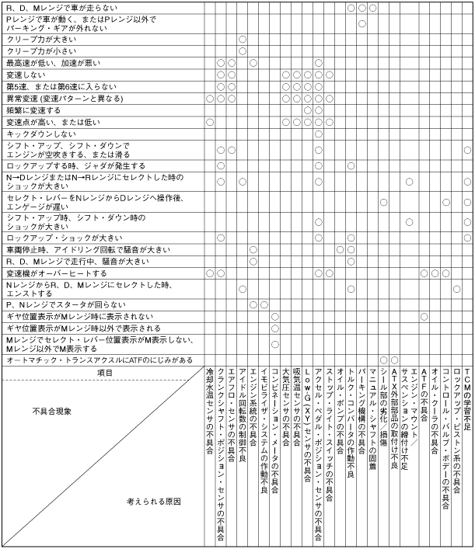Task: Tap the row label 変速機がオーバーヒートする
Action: (x=55, y=274)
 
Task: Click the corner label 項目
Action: (x=104, y=373)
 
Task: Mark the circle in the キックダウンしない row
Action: (x=319, y=134)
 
